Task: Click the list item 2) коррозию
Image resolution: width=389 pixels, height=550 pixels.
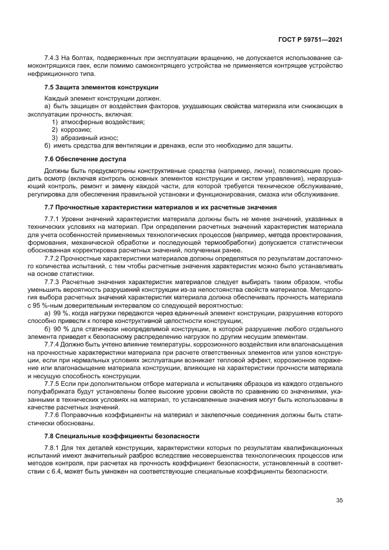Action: click(x=71, y=129)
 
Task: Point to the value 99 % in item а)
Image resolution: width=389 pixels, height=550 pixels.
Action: click(x=59, y=314)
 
